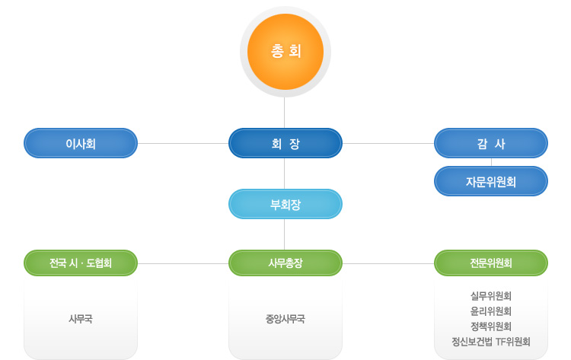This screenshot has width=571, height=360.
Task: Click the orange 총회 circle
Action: [285, 52]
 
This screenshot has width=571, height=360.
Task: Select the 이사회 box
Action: [81, 143]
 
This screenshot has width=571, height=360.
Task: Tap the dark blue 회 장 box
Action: [285, 143]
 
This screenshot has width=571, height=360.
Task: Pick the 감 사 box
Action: [491, 143]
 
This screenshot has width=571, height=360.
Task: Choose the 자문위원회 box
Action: [491, 181]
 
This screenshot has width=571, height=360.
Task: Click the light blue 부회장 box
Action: [285, 204]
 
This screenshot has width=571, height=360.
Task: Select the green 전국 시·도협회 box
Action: [81, 263]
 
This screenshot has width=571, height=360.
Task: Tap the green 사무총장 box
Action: [285, 263]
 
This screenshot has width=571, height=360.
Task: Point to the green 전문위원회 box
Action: [491, 263]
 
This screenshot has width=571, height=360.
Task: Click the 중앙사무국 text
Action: [285, 319]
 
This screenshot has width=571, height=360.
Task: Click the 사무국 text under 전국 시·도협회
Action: [81, 319]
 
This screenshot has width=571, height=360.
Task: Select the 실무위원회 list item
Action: [491, 296]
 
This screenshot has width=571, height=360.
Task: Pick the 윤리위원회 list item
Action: [491, 311]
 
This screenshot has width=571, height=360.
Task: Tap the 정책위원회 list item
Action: [491, 327]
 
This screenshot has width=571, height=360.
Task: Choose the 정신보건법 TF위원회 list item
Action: [491, 342]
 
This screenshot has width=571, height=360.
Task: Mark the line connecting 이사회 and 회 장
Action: [183, 143]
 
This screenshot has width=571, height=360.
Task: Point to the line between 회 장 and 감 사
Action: [388, 143]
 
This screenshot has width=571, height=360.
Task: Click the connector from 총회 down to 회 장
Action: [285, 113]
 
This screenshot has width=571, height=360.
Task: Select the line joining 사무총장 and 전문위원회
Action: [388, 263]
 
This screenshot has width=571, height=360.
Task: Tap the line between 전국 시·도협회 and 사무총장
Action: [183, 263]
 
